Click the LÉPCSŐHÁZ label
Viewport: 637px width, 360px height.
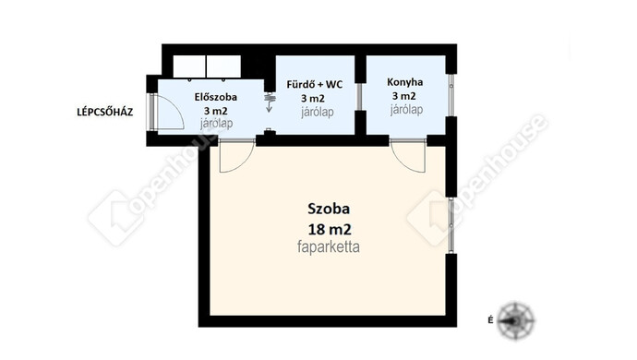(x=105, y=112)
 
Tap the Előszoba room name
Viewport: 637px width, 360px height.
(x=216, y=97)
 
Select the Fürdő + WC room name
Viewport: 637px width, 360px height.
(x=315, y=85)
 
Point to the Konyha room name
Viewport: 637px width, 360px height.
(x=404, y=82)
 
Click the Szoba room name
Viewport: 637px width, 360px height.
(x=329, y=209)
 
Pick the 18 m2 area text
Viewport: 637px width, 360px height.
(x=330, y=230)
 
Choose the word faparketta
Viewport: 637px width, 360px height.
(x=329, y=246)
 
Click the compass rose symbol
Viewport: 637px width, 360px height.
(x=516, y=320)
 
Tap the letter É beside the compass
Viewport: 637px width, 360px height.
(x=491, y=320)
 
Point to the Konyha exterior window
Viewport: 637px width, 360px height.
(x=451, y=95)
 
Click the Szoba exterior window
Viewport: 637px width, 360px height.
(x=451, y=225)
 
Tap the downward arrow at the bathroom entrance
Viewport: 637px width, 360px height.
(x=269, y=107)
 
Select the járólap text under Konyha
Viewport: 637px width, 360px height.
(x=406, y=110)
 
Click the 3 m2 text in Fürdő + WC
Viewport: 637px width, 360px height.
(x=313, y=99)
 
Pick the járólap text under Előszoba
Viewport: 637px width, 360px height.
(x=216, y=124)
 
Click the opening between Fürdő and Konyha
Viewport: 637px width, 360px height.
(x=359, y=97)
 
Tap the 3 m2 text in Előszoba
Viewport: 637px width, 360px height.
(x=216, y=111)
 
